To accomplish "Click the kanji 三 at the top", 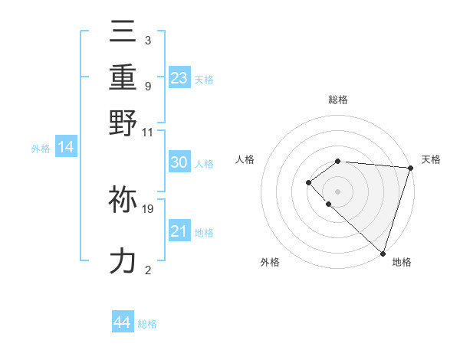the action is [123, 31].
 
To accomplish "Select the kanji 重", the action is [123, 77].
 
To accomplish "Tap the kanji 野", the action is [123, 123].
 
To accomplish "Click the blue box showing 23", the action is [179, 77].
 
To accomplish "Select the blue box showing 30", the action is [179, 162].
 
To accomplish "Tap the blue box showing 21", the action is [179, 231].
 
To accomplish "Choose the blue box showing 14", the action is [65, 148].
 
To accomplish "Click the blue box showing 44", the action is [122, 322].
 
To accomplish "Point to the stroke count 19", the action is [148, 208].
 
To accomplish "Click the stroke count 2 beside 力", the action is [147, 270].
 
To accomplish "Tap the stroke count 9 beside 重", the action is [147, 86].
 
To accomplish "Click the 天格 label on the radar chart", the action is [431, 159].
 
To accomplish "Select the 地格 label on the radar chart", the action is [402, 263].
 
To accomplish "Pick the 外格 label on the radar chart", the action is [270, 263].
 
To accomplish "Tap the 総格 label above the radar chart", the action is [337, 100].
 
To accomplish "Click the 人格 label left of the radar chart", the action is [245, 159].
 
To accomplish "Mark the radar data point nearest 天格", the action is [410, 168].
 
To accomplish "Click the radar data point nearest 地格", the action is [383, 253].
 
